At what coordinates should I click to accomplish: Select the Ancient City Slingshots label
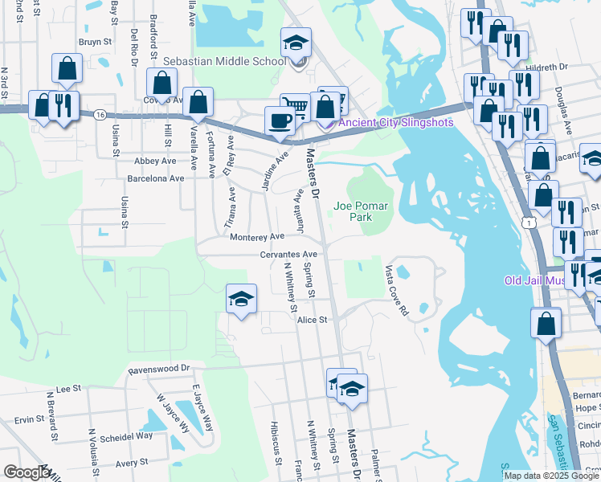tap(395, 122)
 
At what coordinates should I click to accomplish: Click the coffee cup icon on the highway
tap(280, 120)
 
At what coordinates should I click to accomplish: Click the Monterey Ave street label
tap(256, 237)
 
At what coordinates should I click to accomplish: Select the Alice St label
tap(313, 320)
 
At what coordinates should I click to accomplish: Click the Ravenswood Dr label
tap(161, 370)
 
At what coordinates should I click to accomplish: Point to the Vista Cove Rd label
tap(396, 289)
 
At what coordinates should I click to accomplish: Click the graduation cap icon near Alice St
tap(241, 300)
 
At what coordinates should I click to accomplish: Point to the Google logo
tap(27, 472)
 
